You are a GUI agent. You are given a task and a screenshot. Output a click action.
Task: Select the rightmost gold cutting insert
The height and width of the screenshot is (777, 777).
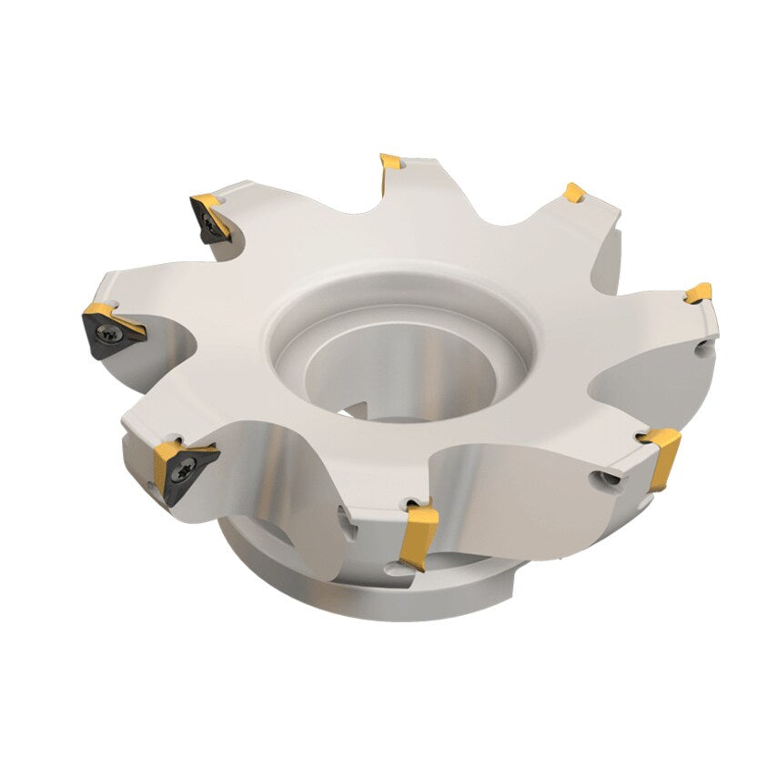699,293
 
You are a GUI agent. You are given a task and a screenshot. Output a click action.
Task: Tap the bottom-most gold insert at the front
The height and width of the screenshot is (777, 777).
418,537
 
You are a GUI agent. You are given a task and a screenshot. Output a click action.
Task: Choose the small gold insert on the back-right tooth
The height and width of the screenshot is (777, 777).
573,193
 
